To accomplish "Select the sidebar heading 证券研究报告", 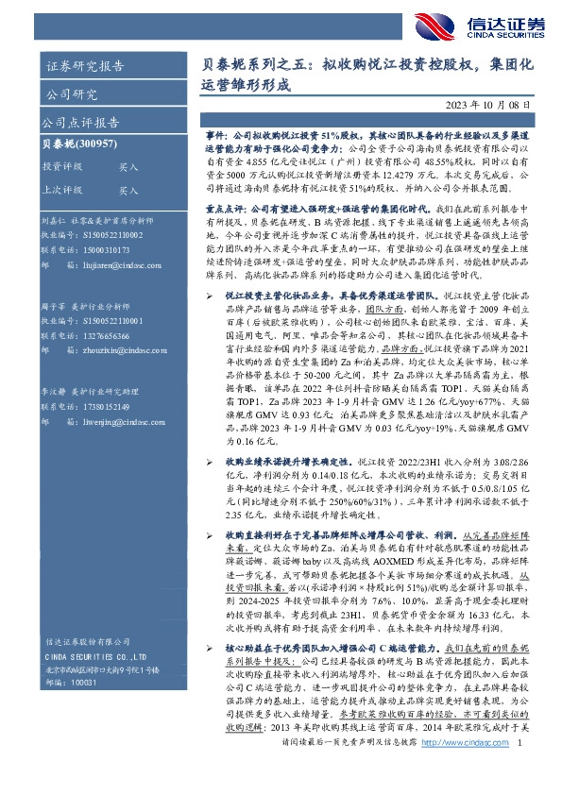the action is (86, 66).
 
